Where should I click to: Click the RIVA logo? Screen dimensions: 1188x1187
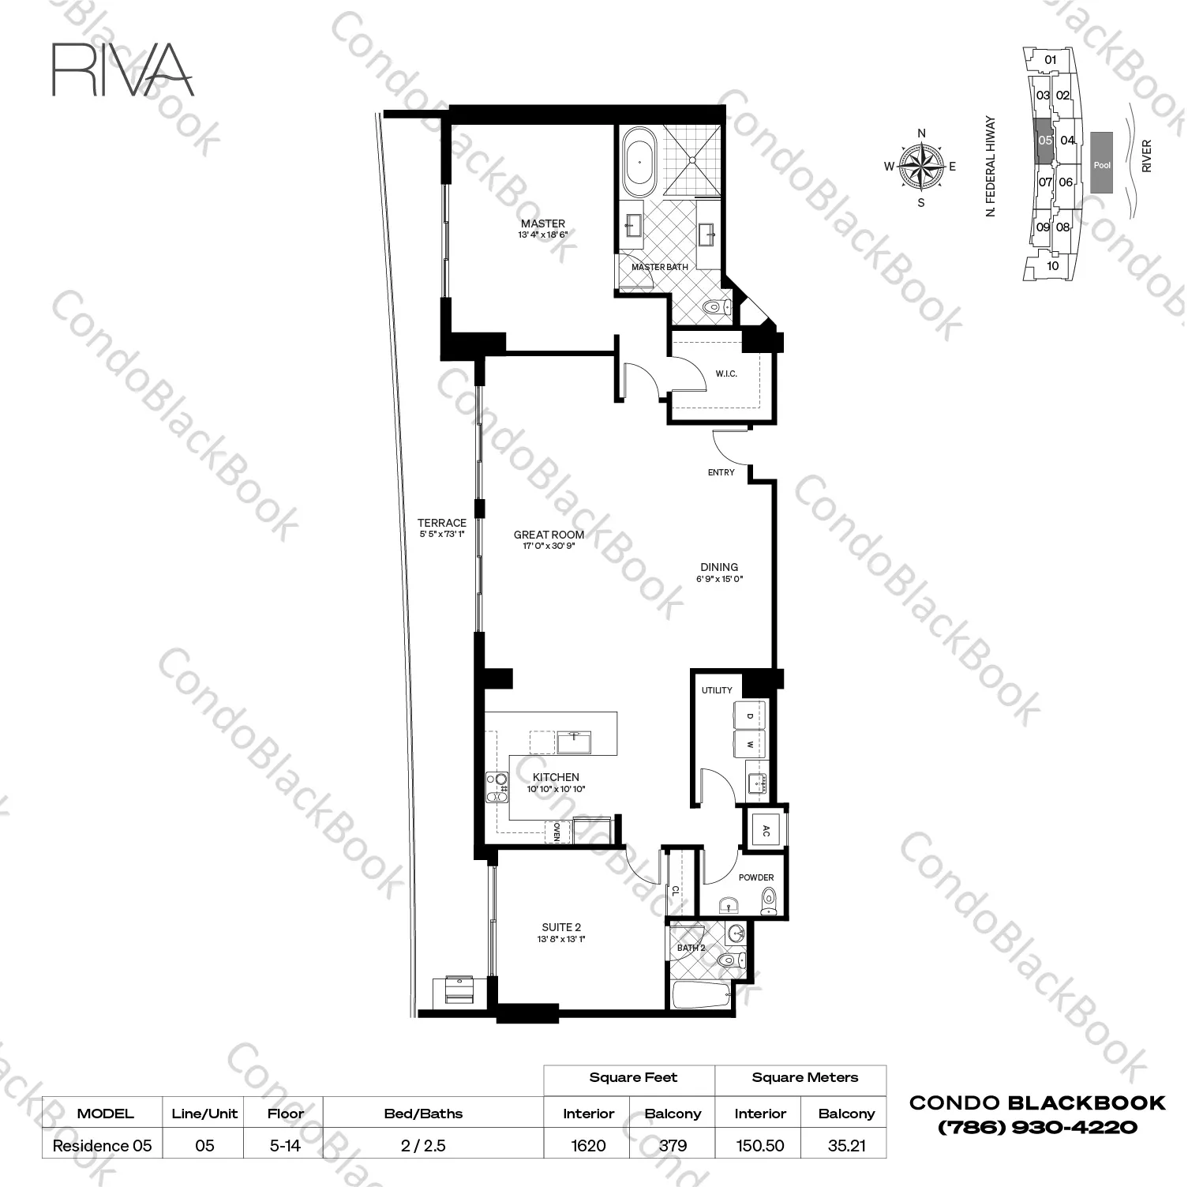point(122,69)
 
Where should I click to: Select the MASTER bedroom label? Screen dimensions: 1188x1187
point(543,224)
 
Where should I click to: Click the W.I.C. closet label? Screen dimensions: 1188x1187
point(726,374)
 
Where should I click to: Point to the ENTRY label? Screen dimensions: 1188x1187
point(721,472)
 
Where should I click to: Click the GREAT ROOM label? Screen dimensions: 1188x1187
point(549,535)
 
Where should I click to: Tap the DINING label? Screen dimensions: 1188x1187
point(719,567)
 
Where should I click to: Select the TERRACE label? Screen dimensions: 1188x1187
point(442,523)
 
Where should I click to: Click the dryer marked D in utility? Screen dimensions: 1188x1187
point(750,716)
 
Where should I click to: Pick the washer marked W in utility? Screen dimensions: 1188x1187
point(750,744)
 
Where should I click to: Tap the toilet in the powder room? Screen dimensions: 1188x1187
point(768,899)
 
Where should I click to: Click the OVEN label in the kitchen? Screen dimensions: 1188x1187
point(557,832)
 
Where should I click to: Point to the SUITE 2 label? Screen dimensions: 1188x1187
point(561,927)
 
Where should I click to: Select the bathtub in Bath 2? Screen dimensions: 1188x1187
point(701,994)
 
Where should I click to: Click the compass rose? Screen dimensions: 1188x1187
point(921,167)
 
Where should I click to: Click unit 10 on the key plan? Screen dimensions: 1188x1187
point(1052,266)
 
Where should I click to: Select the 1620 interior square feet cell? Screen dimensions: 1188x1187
point(588,1145)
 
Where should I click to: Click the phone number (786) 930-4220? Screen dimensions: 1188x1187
point(1037,1127)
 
